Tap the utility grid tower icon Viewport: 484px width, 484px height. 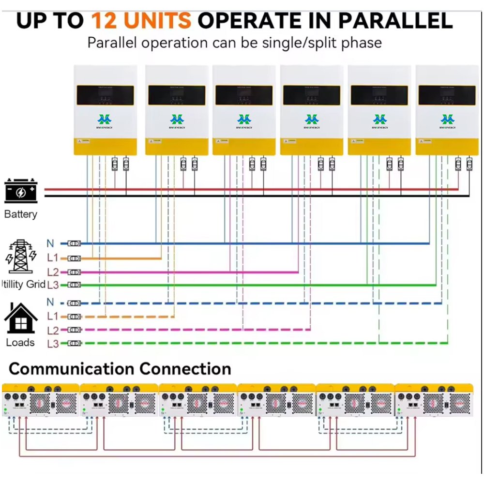pos(20,257)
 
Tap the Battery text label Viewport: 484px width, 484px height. pos(20,214)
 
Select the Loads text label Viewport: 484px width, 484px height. pos(20,342)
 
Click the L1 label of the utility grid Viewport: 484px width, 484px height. pos(53,257)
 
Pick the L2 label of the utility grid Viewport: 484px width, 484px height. pos(53,272)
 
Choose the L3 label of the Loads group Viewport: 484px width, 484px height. pos(53,344)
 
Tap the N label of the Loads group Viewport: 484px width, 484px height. pos(50,302)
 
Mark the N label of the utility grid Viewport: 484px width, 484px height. pos(50,243)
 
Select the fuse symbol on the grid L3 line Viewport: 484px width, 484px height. pos(74,285)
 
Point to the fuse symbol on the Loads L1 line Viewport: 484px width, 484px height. pos(74,317)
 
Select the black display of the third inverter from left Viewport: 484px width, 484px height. pos(244,95)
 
